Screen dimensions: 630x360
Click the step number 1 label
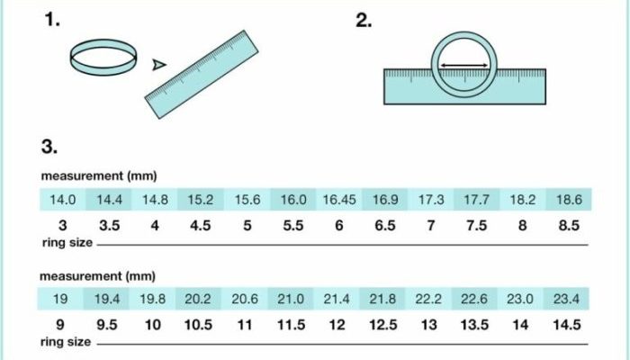click(52, 20)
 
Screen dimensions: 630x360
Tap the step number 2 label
click(364, 20)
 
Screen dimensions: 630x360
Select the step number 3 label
click(49, 146)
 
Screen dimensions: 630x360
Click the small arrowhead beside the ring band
click(159, 65)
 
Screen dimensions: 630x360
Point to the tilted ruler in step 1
click(202, 75)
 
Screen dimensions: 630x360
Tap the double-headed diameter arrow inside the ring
click(464, 65)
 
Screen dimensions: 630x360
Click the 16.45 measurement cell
click(339, 199)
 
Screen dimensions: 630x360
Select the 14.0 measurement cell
click(63, 199)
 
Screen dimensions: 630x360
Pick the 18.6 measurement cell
click(569, 199)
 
